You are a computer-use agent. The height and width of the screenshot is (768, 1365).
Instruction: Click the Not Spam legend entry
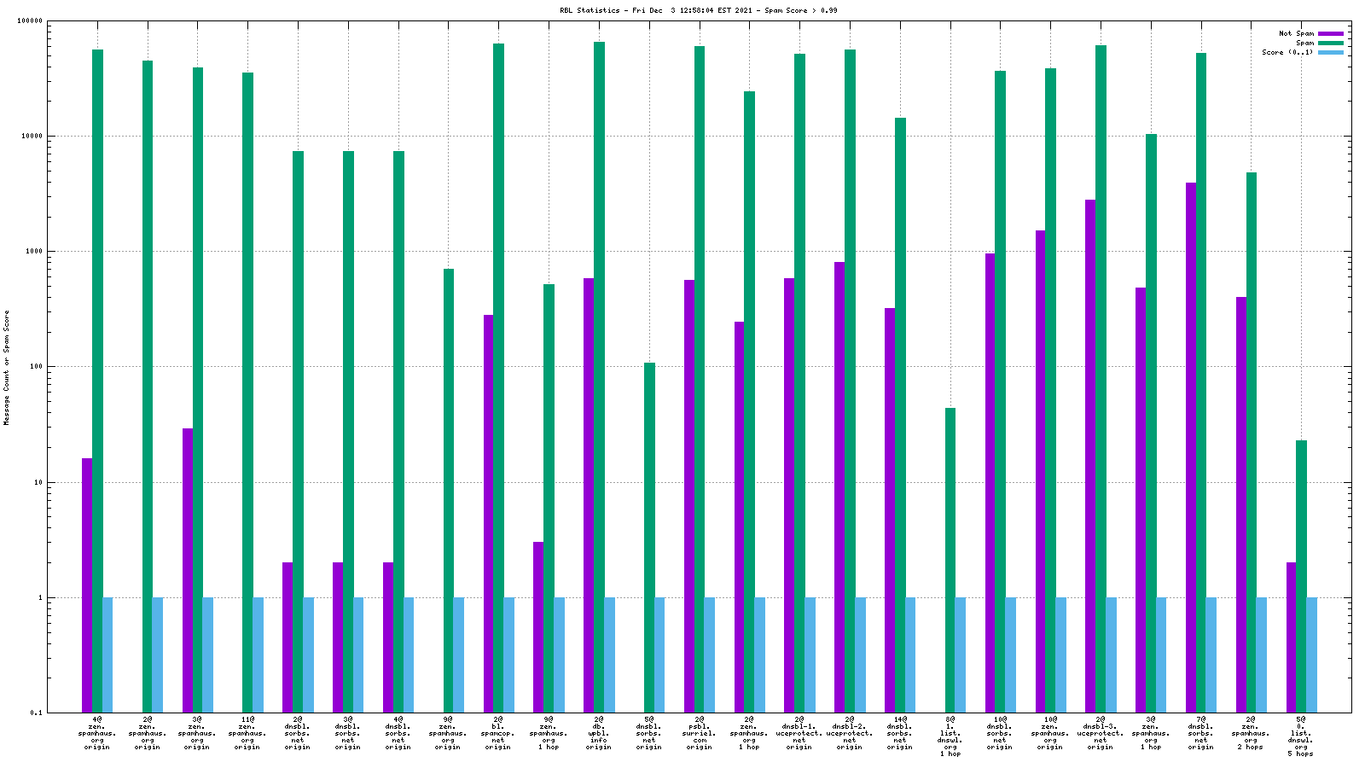[x=1296, y=33]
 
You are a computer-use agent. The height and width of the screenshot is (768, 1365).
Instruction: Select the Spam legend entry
[x=1304, y=43]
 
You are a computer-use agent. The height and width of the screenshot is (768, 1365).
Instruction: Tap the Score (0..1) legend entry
[x=1287, y=52]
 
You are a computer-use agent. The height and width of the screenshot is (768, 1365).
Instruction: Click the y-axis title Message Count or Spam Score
[x=7, y=367]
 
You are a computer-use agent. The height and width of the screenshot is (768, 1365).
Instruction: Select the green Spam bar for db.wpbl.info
[x=599, y=375]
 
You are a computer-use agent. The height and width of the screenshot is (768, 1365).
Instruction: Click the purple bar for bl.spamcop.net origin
[x=488, y=513]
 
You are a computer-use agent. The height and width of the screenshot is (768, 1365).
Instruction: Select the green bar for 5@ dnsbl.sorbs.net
[x=649, y=538]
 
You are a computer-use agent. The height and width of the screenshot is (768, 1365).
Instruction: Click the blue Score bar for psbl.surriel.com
[x=710, y=655]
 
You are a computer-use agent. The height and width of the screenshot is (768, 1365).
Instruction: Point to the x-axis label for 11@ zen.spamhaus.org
[x=247, y=733]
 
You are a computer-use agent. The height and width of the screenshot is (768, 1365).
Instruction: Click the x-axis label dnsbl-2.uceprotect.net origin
[x=850, y=733]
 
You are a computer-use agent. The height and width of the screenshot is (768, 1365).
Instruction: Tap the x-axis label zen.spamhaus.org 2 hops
[x=1251, y=733]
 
